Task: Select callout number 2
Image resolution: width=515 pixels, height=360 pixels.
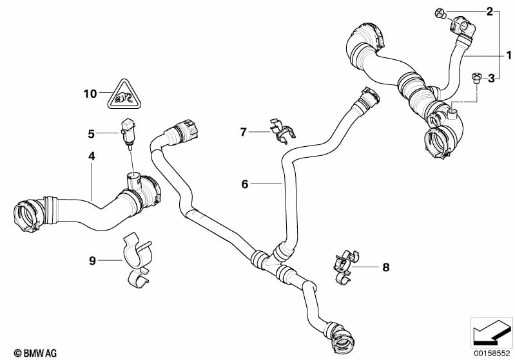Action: (489, 12)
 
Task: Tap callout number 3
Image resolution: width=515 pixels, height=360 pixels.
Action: (491, 79)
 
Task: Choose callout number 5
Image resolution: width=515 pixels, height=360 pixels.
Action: (92, 134)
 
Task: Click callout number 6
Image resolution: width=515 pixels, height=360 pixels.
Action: (244, 184)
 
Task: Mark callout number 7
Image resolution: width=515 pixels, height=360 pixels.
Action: (243, 132)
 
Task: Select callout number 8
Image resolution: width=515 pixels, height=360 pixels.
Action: (386, 266)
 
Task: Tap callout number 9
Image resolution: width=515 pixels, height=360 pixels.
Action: (92, 260)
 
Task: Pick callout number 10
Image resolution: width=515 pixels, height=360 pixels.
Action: (90, 94)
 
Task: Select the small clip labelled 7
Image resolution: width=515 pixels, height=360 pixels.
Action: (281, 129)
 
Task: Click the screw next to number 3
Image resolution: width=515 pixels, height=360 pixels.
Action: (476, 78)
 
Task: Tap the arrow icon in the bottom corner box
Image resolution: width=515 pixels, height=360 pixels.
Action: (491, 332)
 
